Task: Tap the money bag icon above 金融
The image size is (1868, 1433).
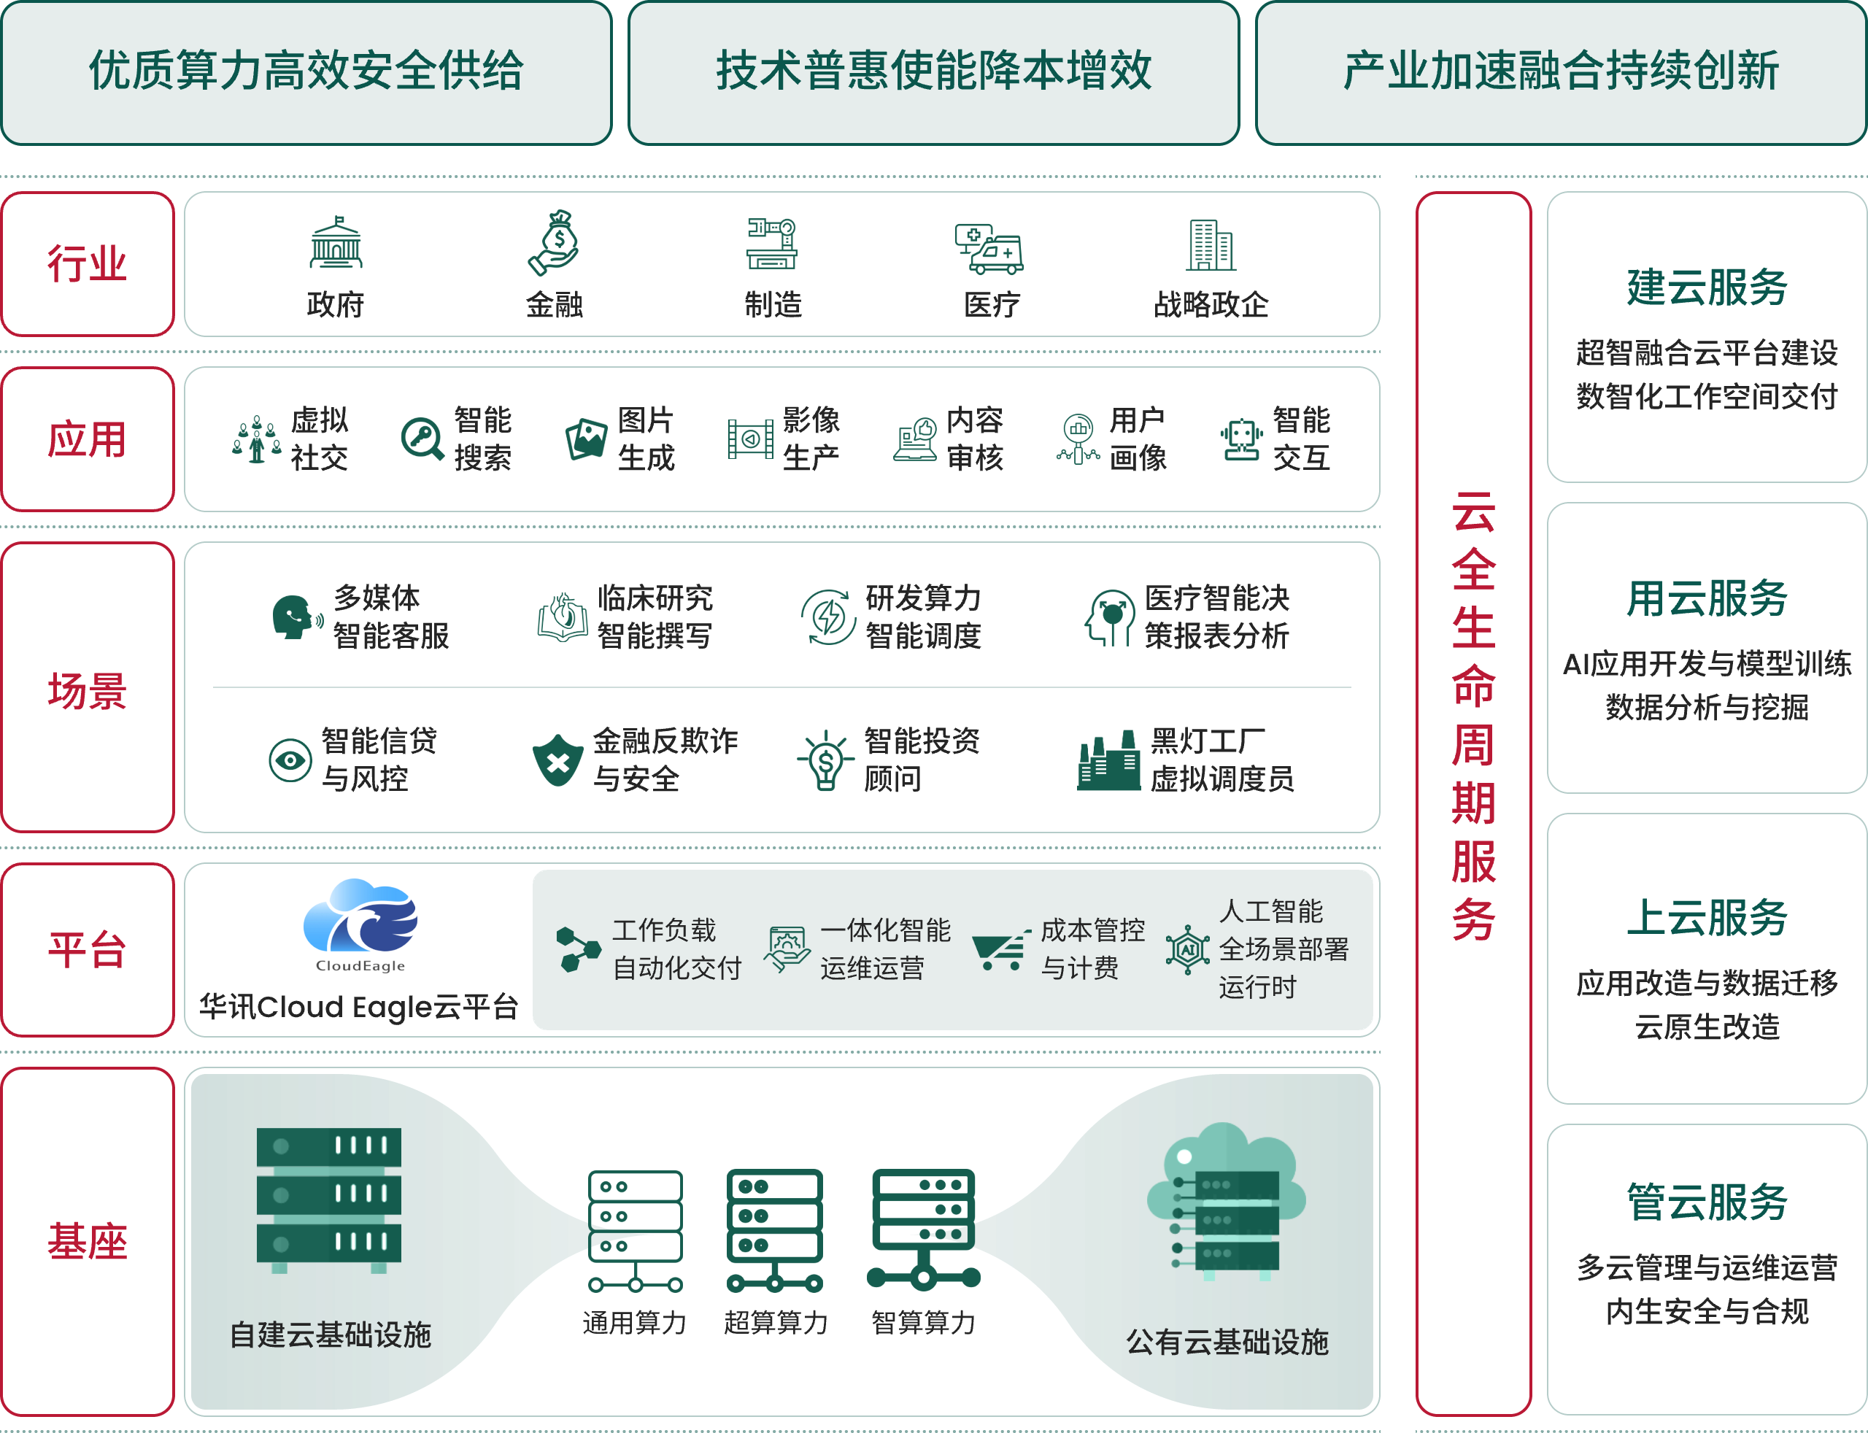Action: point(555,242)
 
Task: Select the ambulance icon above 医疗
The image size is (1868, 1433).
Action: point(989,248)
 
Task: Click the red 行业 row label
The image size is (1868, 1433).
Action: point(87,263)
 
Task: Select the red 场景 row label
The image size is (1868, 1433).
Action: point(87,690)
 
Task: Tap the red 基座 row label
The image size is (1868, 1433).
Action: point(87,1240)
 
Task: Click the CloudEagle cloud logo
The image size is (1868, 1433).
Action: point(360,918)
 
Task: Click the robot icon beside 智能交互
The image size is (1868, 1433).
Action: point(1241,439)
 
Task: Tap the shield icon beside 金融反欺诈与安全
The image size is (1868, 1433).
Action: point(557,760)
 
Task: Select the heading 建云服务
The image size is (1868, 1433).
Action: point(1707,287)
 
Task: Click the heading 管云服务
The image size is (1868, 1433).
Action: point(1707,1202)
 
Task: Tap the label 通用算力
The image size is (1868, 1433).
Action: point(635,1323)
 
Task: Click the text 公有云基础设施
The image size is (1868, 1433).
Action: point(1227,1342)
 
